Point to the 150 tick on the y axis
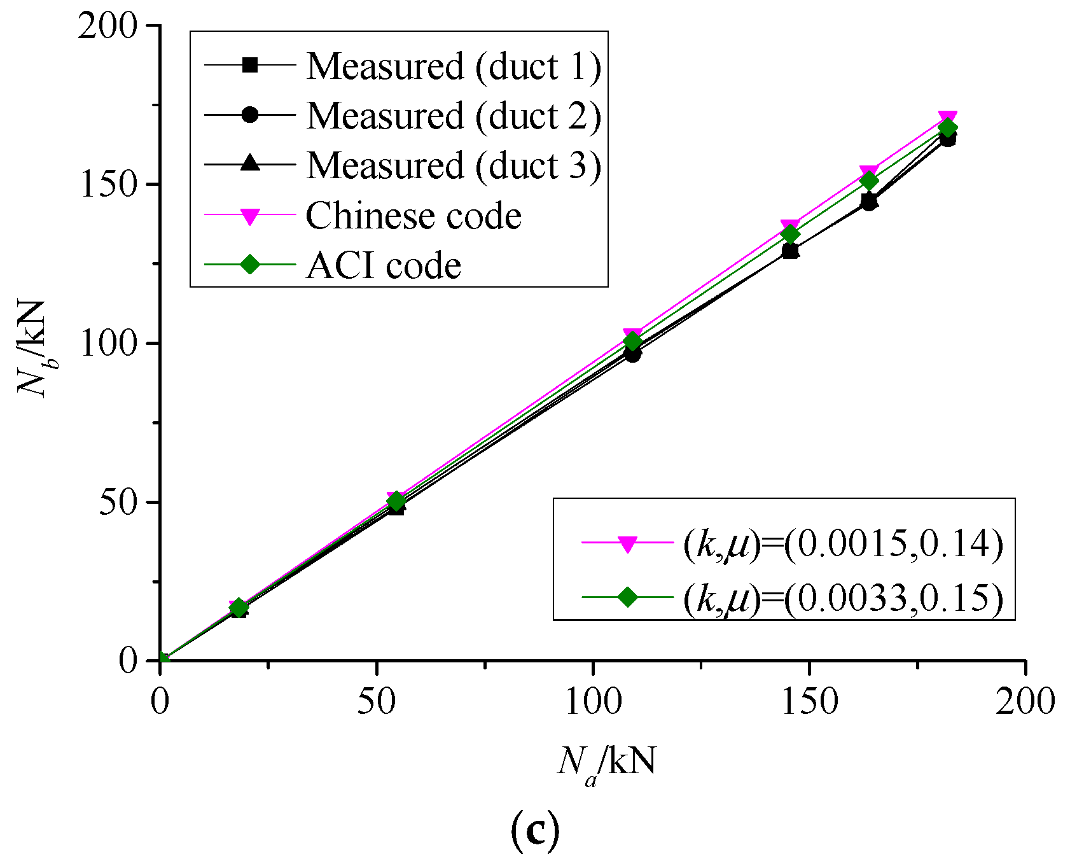tap(109, 185)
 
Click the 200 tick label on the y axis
tap(109, 26)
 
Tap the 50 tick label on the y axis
tap(120, 502)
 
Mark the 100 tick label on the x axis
tap(593, 702)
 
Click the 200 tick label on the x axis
tap(1025, 702)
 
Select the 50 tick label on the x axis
tap(377, 702)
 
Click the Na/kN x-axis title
tap(606, 762)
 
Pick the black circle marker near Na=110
tap(632, 354)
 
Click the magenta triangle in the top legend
tap(250, 216)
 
